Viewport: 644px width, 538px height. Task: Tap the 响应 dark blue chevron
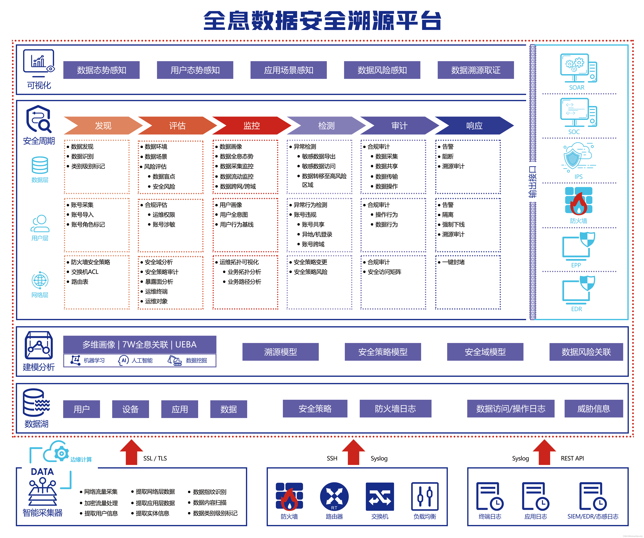point(474,126)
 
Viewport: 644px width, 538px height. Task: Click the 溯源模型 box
point(280,352)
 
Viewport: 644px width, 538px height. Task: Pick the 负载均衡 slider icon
point(425,496)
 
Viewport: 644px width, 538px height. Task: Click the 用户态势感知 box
point(195,70)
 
